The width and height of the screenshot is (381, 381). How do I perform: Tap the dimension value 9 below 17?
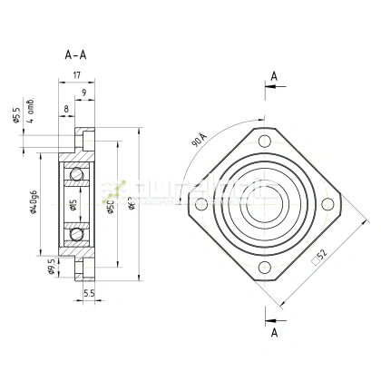83,93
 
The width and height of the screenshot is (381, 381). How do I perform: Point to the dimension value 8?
66,109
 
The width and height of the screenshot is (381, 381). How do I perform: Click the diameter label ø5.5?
15,117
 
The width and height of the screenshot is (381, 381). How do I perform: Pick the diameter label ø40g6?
32,204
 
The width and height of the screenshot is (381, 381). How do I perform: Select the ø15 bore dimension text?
74,205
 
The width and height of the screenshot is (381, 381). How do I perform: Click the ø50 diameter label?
110,206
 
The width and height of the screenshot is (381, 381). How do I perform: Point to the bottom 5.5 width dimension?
88,294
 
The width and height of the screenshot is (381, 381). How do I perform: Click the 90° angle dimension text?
200,142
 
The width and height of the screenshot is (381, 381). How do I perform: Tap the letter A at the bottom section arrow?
273,333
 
